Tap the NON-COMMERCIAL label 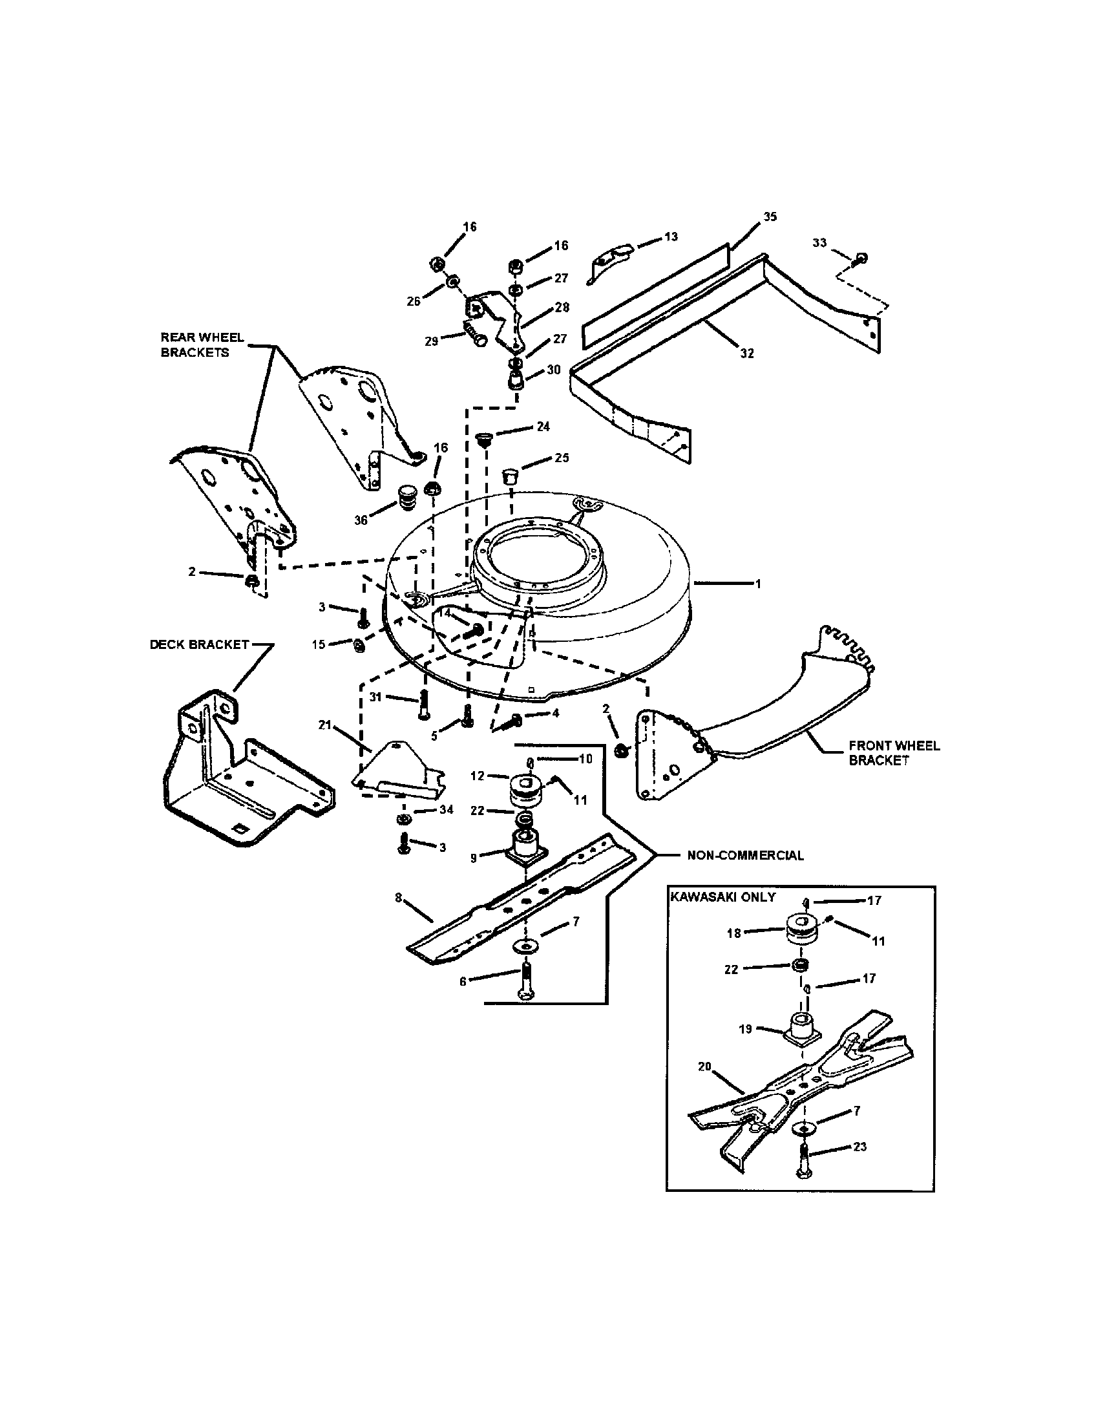745,855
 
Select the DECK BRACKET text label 199,644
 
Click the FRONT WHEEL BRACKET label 894,752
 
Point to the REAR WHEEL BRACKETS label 202,345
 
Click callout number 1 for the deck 757,584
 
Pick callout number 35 770,217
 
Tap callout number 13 671,237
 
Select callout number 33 819,243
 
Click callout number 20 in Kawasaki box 706,1066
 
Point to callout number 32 746,354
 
